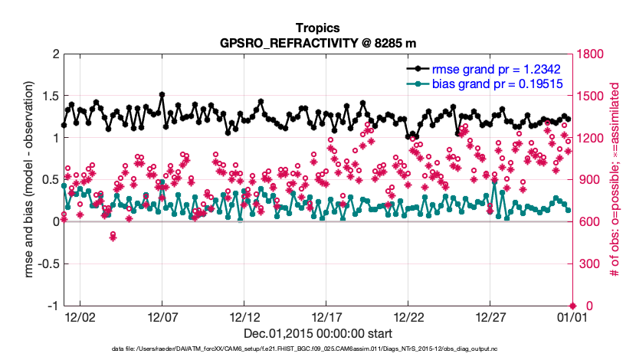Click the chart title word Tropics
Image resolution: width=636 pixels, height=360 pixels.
(317, 28)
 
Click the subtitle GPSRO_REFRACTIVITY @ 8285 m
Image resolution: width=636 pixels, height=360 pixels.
(317, 43)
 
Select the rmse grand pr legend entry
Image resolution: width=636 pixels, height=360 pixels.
(484, 70)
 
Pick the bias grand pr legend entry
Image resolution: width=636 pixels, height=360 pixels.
(485, 84)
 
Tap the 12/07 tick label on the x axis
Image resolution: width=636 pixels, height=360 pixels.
(162, 317)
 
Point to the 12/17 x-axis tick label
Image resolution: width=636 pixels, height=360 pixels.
(326, 317)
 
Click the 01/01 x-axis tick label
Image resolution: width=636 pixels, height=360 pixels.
(572, 317)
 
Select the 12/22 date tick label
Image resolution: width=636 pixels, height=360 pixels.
(408, 317)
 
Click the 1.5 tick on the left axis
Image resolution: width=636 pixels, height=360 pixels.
(51, 96)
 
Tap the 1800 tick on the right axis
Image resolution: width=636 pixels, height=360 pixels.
(590, 54)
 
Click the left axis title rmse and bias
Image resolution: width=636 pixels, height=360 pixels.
(28, 179)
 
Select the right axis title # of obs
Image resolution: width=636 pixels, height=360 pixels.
(615, 179)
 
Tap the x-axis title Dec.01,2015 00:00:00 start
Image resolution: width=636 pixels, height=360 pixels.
(317, 334)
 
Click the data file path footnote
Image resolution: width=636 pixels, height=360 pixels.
(305, 349)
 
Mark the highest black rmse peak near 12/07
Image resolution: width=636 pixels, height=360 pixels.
(162, 94)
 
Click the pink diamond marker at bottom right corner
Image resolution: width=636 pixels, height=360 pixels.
(572, 306)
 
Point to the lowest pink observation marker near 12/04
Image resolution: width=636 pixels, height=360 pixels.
(113, 237)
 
